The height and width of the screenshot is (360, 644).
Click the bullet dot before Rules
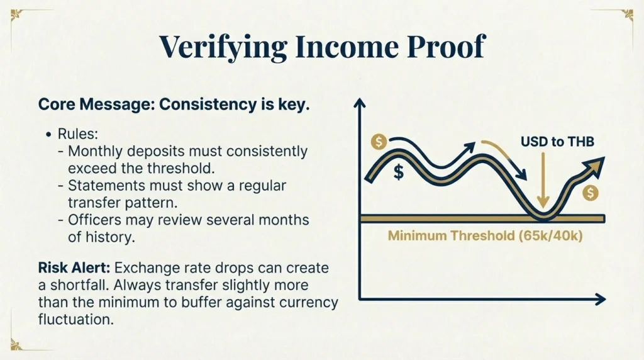(48, 135)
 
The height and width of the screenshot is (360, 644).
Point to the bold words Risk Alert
(72, 269)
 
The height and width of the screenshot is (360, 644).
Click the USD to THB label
(557, 142)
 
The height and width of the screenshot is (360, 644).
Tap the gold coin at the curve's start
(379, 142)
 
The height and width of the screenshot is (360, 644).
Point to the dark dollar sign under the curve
(398, 172)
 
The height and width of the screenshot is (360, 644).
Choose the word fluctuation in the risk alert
(76, 319)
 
